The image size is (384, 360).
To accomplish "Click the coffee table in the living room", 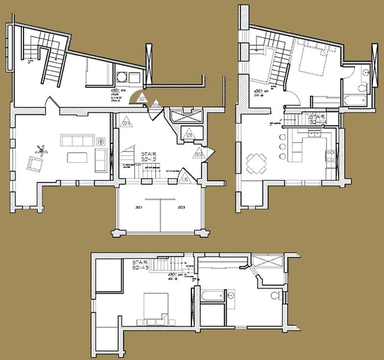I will pyautogui.click(x=77, y=158).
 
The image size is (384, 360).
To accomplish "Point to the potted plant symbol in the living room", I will pyautogui.click(x=41, y=150).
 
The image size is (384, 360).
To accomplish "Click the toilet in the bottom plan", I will pyautogui.click(x=274, y=294).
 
